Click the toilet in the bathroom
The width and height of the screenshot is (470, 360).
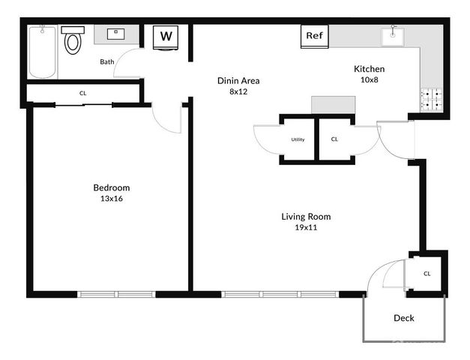(x=73, y=41)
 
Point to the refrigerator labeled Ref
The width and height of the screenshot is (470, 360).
(x=313, y=35)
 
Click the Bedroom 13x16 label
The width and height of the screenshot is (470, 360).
(x=112, y=193)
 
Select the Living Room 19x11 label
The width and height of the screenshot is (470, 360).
(x=306, y=222)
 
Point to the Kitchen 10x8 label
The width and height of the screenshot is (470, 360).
(x=369, y=74)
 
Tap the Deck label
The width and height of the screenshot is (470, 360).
(x=404, y=318)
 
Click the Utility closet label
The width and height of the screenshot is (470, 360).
(x=298, y=139)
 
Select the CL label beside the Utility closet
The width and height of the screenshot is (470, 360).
(x=334, y=139)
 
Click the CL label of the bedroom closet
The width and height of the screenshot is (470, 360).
(x=82, y=93)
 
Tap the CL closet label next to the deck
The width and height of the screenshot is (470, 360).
(x=427, y=274)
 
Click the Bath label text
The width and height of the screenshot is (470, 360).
(x=107, y=61)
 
